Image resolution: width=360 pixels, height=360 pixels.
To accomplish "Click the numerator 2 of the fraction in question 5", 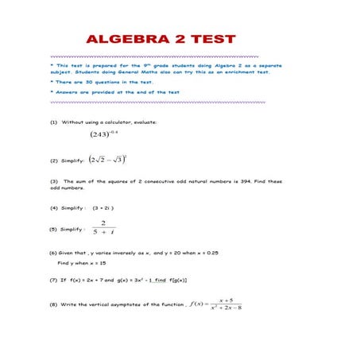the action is click(x=103, y=223).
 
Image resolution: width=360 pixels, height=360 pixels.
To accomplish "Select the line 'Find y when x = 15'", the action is click(x=82, y=262).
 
